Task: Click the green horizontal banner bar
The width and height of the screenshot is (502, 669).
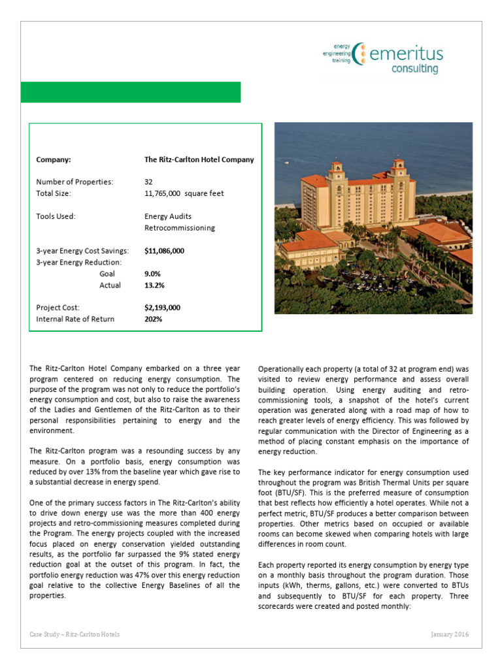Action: (131, 92)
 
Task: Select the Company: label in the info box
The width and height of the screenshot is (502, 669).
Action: (54, 159)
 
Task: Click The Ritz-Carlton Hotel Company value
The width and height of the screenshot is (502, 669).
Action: (199, 159)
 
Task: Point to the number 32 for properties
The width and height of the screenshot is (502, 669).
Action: (148, 182)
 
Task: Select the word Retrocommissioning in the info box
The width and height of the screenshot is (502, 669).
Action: (179, 228)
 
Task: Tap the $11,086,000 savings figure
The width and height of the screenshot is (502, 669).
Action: (164, 251)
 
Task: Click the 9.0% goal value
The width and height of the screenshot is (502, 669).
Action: (152, 274)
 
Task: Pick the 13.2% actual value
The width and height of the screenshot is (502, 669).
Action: (154, 286)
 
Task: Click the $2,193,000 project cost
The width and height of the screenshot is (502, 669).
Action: (162, 308)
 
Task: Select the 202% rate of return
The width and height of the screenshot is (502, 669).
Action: (153, 319)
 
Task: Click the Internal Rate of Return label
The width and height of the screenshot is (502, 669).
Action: (75, 319)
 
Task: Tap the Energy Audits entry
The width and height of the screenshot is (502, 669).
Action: (168, 216)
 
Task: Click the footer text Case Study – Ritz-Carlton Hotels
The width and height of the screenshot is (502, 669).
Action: (75, 634)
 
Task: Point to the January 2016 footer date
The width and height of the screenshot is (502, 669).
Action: (450, 634)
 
